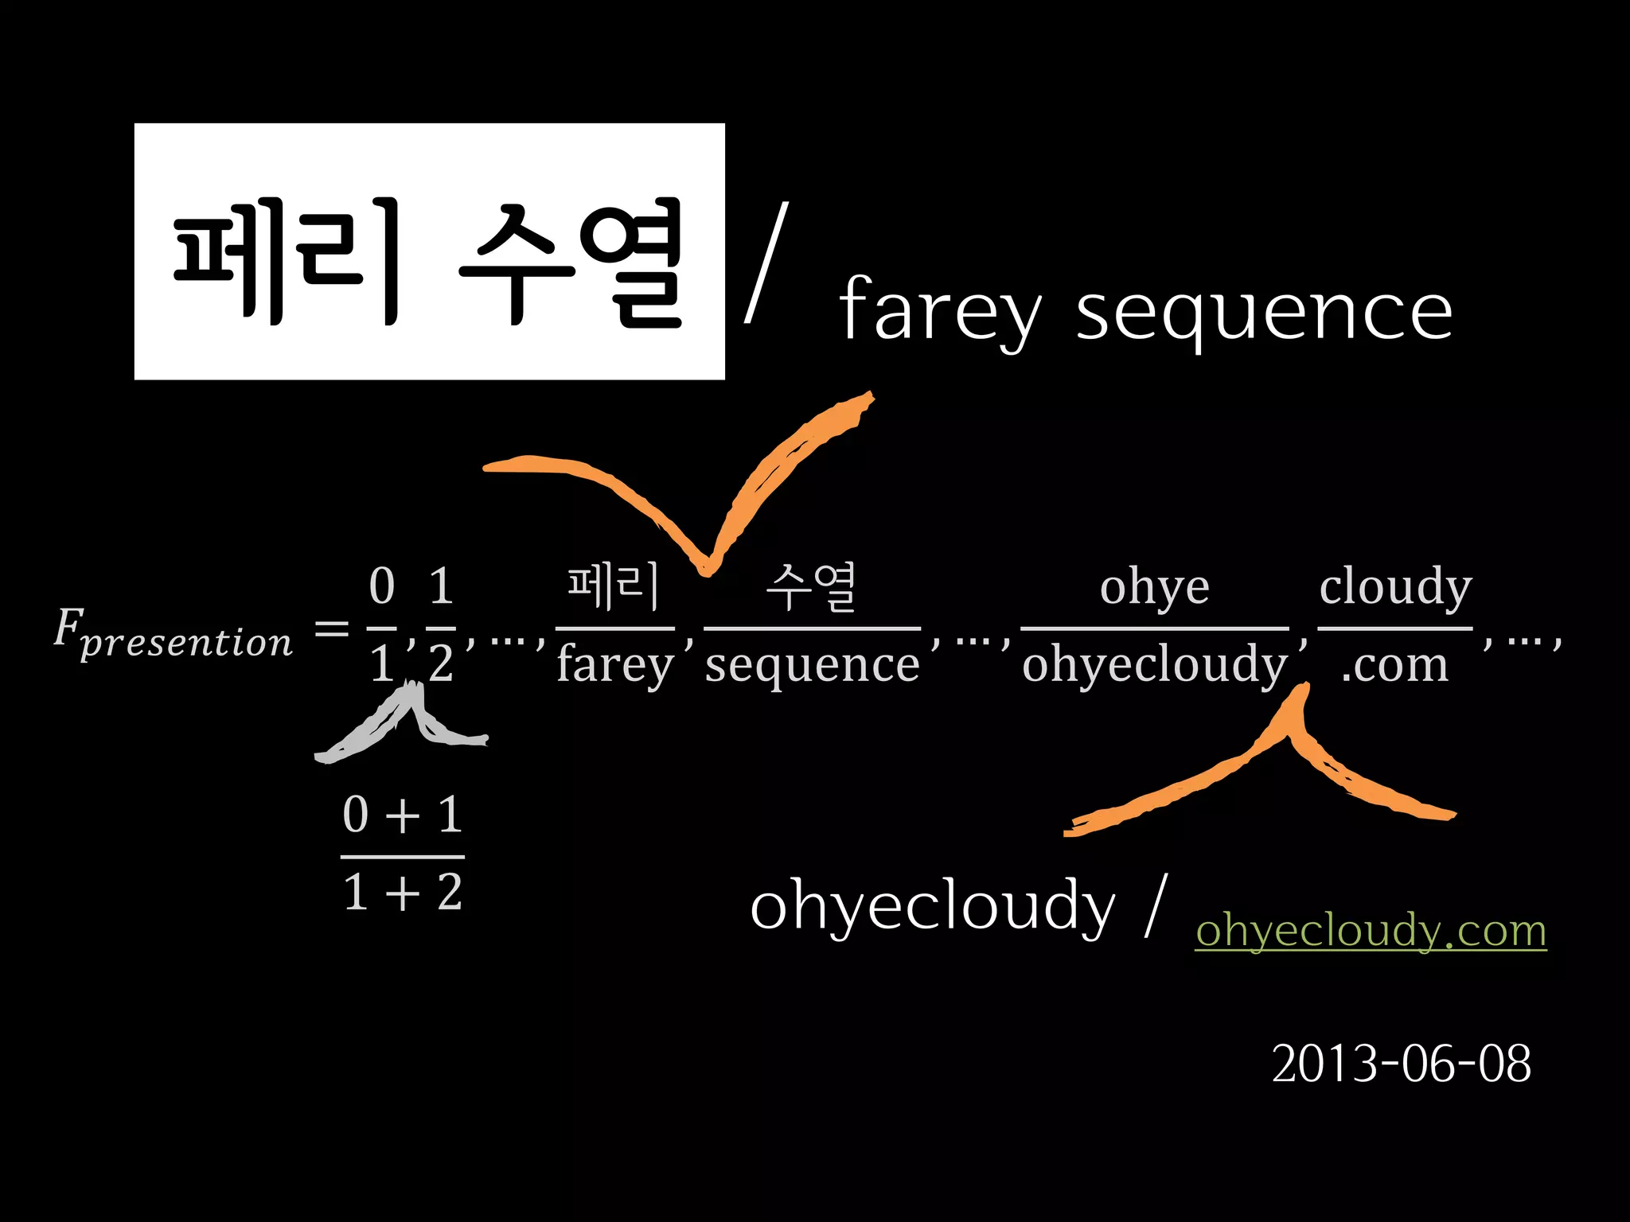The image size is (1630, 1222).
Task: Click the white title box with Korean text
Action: click(429, 251)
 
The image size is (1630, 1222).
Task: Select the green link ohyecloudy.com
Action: click(1371, 930)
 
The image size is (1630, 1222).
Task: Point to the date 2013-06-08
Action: click(1401, 1064)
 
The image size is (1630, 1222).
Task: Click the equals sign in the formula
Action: click(332, 629)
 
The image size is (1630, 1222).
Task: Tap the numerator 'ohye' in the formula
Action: click(1154, 587)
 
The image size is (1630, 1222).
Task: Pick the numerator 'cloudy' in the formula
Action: click(1395, 587)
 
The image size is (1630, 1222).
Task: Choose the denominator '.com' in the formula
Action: click(1394, 665)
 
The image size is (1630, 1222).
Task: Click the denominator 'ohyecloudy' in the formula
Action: click(1154, 665)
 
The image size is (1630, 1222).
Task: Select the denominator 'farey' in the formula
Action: click(615, 665)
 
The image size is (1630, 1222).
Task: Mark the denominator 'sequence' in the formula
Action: click(812, 665)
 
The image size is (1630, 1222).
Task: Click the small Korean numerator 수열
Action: click(811, 587)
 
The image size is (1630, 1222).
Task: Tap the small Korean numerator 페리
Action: click(614, 587)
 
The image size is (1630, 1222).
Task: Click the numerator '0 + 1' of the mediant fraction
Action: click(402, 815)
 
